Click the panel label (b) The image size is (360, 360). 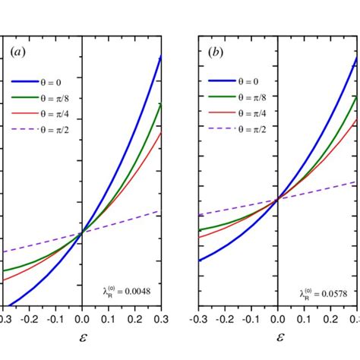coord(216,54)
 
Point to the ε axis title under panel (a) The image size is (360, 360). coord(81,335)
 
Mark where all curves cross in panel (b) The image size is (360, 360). coord(277,198)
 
